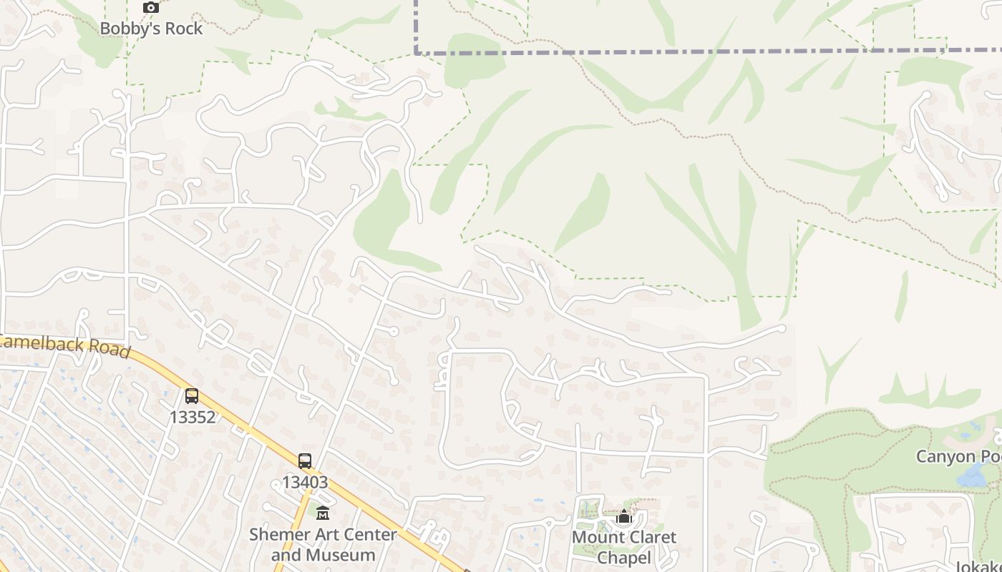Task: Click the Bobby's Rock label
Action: click(x=151, y=29)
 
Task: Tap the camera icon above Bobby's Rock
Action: click(x=150, y=8)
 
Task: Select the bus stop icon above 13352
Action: click(x=192, y=395)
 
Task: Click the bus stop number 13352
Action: click(x=193, y=417)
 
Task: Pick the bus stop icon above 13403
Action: click(x=305, y=460)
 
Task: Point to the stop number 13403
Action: click(x=305, y=482)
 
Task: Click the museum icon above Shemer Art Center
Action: click(x=323, y=513)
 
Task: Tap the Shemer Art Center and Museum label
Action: click(x=323, y=544)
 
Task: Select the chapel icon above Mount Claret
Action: click(x=624, y=516)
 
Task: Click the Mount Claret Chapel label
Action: click(x=624, y=547)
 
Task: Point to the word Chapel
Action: click(x=624, y=558)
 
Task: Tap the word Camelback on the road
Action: click(x=43, y=343)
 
